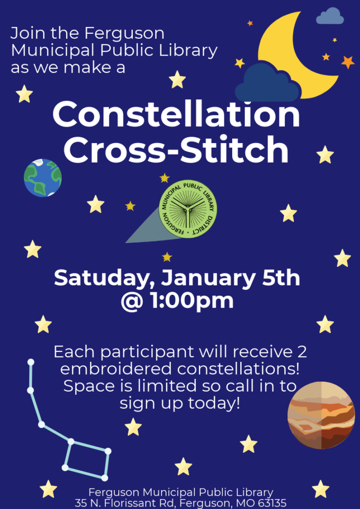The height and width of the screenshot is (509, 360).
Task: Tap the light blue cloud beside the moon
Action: pos(330,16)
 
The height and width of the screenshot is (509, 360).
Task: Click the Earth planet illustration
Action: pos(43,177)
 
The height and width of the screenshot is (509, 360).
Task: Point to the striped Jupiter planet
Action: pos(321,415)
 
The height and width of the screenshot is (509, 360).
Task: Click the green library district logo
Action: pos(188,209)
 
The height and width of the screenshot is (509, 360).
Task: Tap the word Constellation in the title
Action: pos(176,114)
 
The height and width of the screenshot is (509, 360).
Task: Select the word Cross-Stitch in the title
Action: pos(176,150)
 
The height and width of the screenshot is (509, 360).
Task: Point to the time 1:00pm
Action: pos(192,301)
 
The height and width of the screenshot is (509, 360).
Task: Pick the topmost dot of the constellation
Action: pos(31,362)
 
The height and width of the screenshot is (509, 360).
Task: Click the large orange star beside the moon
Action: pos(348,62)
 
